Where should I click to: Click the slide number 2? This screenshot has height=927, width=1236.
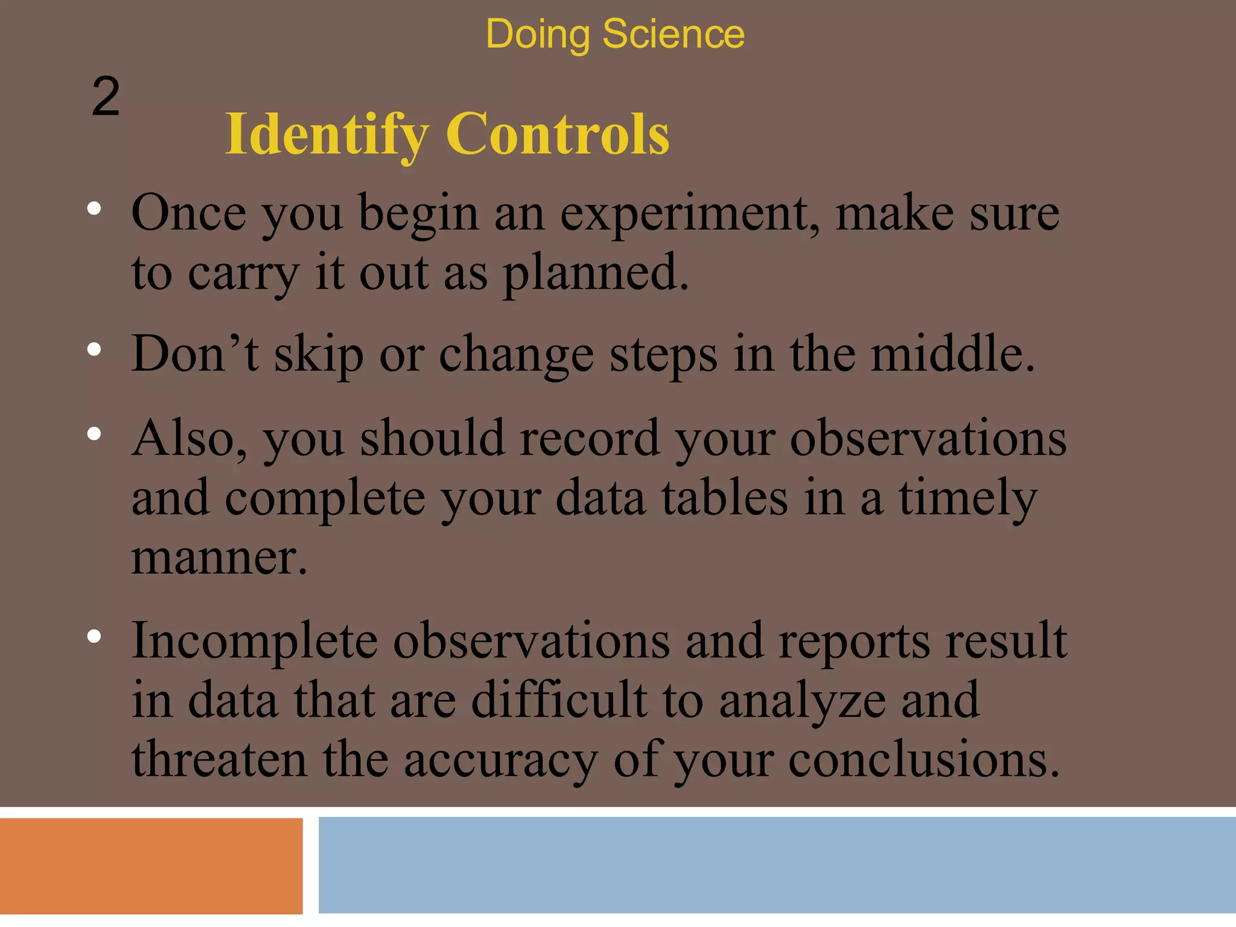[x=106, y=97]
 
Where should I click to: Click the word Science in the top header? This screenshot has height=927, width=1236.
[x=673, y=34]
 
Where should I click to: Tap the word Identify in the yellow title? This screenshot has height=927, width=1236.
[x=327, y=134]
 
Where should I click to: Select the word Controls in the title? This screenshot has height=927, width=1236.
[x=558, y=134]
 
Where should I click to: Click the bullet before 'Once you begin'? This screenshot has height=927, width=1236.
[x=94, y=209]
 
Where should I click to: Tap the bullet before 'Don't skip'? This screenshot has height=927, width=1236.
[x=94, y=349]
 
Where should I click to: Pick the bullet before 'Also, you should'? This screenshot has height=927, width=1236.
[x=94, y=433]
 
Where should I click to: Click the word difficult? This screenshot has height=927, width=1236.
[x=559, y=700]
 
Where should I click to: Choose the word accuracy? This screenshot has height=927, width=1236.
[x=501, y=759]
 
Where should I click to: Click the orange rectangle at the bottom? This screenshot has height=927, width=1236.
[x=151, y=865]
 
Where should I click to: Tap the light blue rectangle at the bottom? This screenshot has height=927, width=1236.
[x=777, y=865]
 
